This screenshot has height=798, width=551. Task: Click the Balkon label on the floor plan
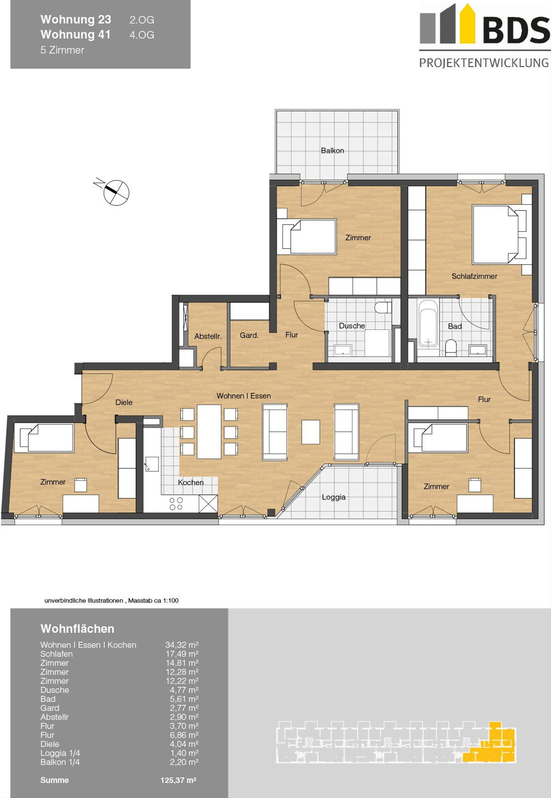pyautogui.click(x=332, y=151)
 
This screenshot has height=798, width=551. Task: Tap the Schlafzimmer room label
pyautogui.click(x=474, y=276)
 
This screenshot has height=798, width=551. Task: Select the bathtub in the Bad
pyautogui.click(x=428, y=324)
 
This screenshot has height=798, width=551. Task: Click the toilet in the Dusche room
pyautogui.click(x=382, y=307)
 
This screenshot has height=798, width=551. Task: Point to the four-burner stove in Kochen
pyautogui.click(x=176, y=504)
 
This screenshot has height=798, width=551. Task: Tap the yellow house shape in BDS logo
pyautogui.click(x=467, y=23)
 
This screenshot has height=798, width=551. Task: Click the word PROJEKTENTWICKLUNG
pyautogui.click(x=484, y=63)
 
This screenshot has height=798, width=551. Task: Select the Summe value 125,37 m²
pyautogui.click(x=178, y=780)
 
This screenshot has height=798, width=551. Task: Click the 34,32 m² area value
pyautogui.click(x=182, y=645)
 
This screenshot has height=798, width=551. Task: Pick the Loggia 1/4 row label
pyautogui.click(x=60, y=753)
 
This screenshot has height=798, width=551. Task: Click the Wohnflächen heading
pyautogui.click(x=77, y=629)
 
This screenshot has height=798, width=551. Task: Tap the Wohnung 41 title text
pyautogui.click(x=75, y=34)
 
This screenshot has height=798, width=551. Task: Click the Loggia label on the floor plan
pyautogui.click(x=334, y=497)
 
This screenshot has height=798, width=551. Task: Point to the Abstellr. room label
pyautogui.click(x=208, y=336)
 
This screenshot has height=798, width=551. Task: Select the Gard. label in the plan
pyautogui.click(x=249, y=335)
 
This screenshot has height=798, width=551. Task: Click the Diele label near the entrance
pyautogui.click(x=124, y=402)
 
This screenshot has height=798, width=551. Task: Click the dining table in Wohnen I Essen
pyautogui.click(x=209, y=431)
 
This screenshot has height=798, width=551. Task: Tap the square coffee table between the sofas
pyautogui.click(x=311, y=432)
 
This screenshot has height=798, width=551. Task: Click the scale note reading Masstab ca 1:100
pyautogui.click(x=153, y=600)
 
